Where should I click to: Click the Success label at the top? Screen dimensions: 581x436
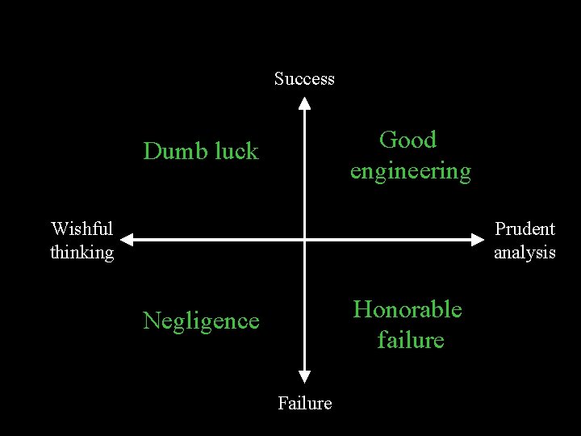click(x=304, y=79)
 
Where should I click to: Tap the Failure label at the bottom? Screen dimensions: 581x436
click(x=304, y=403)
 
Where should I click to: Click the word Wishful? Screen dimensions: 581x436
click(x=82, y=229)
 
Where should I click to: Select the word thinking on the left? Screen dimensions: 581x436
click(x=82, y=253)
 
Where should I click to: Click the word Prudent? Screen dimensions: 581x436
click(x=525, y=229)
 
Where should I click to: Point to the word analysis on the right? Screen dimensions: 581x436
click(x=525, y=253)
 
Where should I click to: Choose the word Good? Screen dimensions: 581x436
click(x=408, y=140)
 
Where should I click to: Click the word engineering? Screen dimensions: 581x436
click(x=410, y=171)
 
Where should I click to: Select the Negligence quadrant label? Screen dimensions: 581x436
click(x=201, y=321)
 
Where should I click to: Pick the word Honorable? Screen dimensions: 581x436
click(x=408, y=309)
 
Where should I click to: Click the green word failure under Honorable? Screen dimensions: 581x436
click(x=410, y=340)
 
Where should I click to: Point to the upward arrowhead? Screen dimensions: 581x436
click(x=304, y=103)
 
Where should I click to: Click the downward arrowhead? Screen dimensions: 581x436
click(x=304, y=375)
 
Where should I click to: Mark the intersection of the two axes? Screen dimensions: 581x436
click(x=304, y=239)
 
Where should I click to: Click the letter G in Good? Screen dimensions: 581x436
click(x=387, y=140)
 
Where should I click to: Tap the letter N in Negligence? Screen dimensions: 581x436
click(x=151, y=321)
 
